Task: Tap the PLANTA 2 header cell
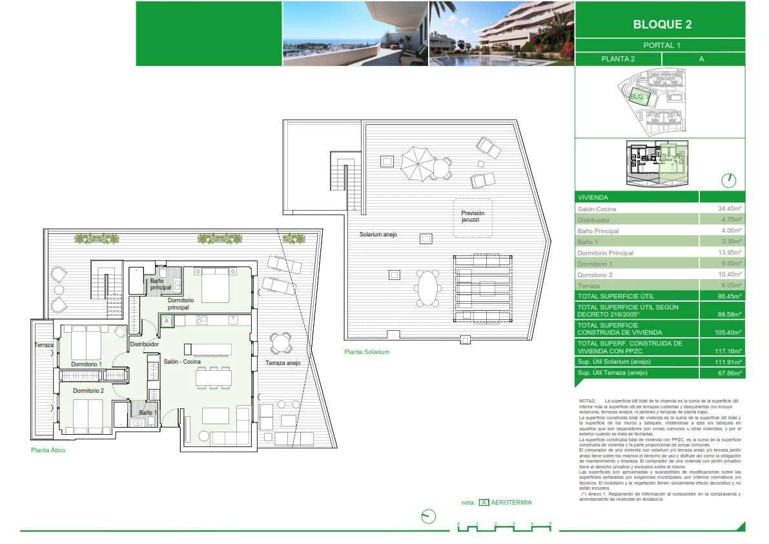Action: [x=618, y=59]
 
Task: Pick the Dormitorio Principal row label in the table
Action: [x=605, y=253]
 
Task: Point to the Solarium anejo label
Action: [x=378, y=235]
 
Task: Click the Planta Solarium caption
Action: [x=367, y=352]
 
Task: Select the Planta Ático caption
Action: [x=48, y=450]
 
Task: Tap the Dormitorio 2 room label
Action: [x=88, y=390]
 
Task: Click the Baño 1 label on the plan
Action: [x=147, y=412]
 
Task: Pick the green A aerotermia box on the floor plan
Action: [x=166, y=320]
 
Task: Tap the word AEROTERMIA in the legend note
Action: [x=511, y=502]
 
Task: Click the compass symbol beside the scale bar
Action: [x=427, y=517]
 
